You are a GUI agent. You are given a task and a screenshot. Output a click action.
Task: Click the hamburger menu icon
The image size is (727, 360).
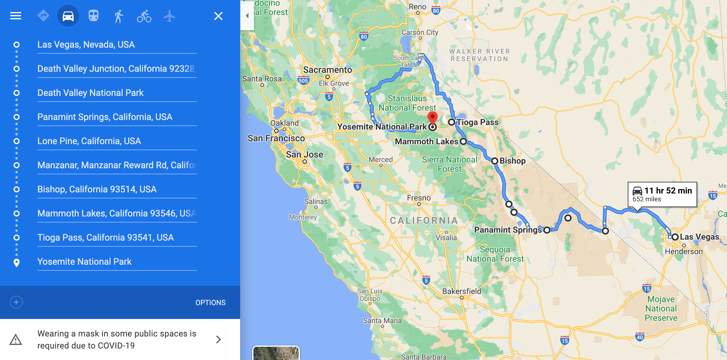(16, 16)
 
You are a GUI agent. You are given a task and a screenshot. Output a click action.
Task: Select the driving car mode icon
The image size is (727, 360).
(68, 16)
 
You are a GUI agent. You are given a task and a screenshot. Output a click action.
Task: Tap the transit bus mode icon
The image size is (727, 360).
(94, 16)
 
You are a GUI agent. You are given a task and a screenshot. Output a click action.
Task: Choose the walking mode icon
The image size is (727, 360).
(119, 16)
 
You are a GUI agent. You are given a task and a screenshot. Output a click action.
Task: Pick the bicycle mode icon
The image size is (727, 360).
(144, 16)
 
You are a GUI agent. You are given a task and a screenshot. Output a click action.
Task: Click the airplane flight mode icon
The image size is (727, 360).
(170, 16)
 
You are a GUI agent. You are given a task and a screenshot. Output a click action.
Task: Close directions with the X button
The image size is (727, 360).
(218, 16)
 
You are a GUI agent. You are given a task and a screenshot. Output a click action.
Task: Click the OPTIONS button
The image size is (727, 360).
(210, 302)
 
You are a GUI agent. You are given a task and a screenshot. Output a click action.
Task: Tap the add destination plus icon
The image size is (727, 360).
(16, 302)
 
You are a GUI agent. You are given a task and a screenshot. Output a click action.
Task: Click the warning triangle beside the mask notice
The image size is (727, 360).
(16, 339)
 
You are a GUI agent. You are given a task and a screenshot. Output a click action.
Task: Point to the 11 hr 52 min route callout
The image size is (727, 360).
(662, 194)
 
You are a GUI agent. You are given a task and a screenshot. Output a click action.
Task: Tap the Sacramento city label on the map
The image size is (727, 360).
(328, 70)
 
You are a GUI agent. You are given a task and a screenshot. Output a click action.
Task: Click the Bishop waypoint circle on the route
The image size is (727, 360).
(495, 161)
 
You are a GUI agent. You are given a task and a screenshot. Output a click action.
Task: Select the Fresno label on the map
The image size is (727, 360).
(419, 198)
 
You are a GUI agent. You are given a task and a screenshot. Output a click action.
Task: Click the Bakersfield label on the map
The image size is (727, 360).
(462, 291)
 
